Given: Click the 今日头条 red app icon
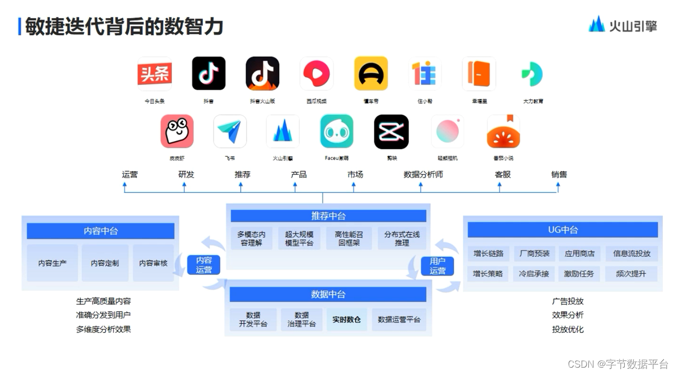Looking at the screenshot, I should click(x=154, y=74).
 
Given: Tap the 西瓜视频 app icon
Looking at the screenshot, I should click(x=316, y=74).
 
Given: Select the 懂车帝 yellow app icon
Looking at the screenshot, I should click(x=371, y=74).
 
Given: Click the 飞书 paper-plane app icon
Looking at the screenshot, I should click(x=230, y=132).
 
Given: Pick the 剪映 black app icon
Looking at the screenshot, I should click(x=391, y=132).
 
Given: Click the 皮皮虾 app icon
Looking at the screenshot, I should click(x=177, y=132).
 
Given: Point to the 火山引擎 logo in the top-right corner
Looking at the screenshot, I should click(x=623, y=24).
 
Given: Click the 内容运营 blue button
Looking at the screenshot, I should click(x=203, y=265).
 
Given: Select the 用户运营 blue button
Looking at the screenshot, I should click(x=437, y=266).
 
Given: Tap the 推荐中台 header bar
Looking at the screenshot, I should click(x=328, y=216).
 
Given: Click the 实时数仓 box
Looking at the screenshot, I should click(x=346, y=320).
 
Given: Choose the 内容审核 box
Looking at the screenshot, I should click(x=153, y=263).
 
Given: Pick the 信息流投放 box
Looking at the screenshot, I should click(x=632, y=254).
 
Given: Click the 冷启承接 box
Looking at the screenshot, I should click(x=534, y=274).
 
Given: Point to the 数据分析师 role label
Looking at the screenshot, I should click(x=423, y=174).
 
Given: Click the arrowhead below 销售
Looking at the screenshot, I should click(x=558, y=185).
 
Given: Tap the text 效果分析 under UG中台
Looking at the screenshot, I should click(x=568, y=315).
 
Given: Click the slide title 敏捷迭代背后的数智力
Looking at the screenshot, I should click(x=124, y=26).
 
